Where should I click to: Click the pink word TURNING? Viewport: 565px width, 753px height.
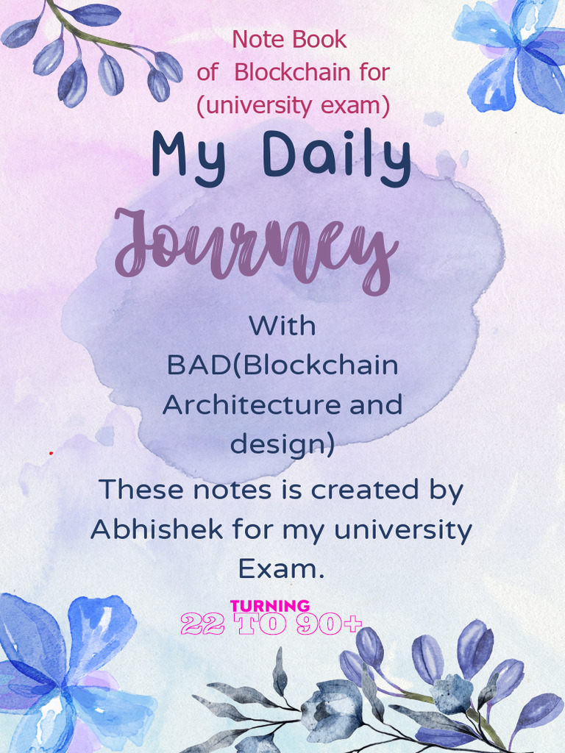[270, 606]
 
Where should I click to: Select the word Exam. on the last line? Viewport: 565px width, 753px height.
[282, 568]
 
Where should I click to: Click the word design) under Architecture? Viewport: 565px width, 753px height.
[282, 445]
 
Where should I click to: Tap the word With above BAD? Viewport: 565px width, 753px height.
[282, 325]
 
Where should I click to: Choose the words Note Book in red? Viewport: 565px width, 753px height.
[289, 39]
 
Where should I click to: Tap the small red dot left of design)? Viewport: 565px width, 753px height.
[51, 453]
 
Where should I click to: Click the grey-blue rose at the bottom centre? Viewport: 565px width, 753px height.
[331, 710]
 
